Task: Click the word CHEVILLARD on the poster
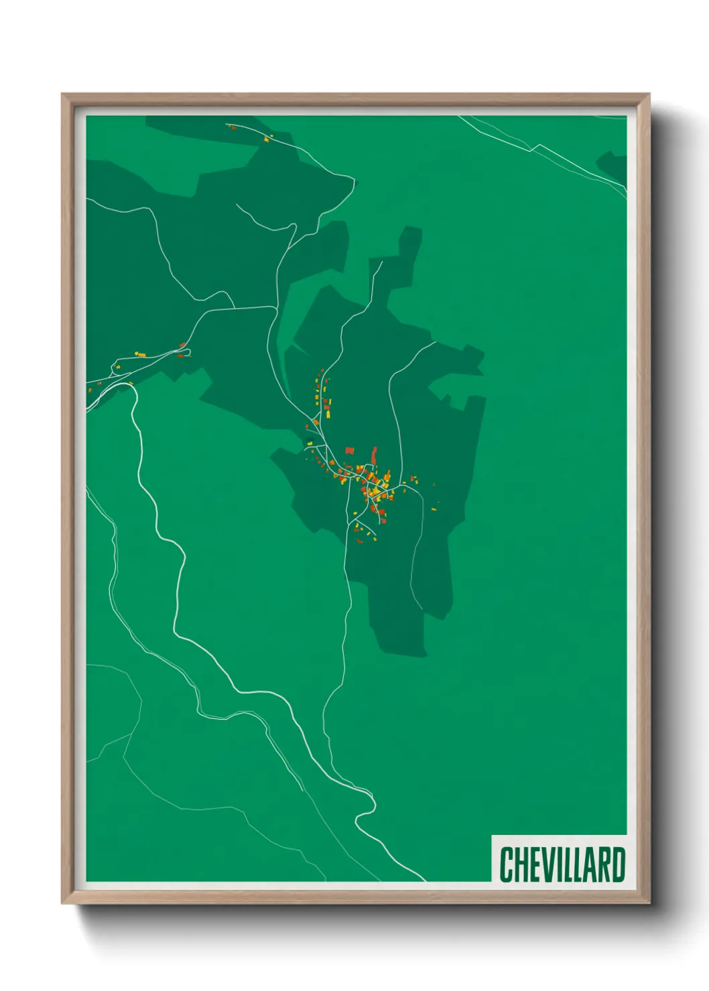click(562, 864)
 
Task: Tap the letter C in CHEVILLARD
click(507, 864)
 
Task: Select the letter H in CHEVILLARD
click(520, 864)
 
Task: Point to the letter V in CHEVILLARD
click(545, 864)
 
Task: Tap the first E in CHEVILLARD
click(533, 864)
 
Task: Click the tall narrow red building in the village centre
click(374, 455)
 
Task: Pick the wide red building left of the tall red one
click(348, 451)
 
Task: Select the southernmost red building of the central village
click(360, 540)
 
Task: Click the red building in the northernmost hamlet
click(233, 127)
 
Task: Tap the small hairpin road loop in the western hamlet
click(186, 351)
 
